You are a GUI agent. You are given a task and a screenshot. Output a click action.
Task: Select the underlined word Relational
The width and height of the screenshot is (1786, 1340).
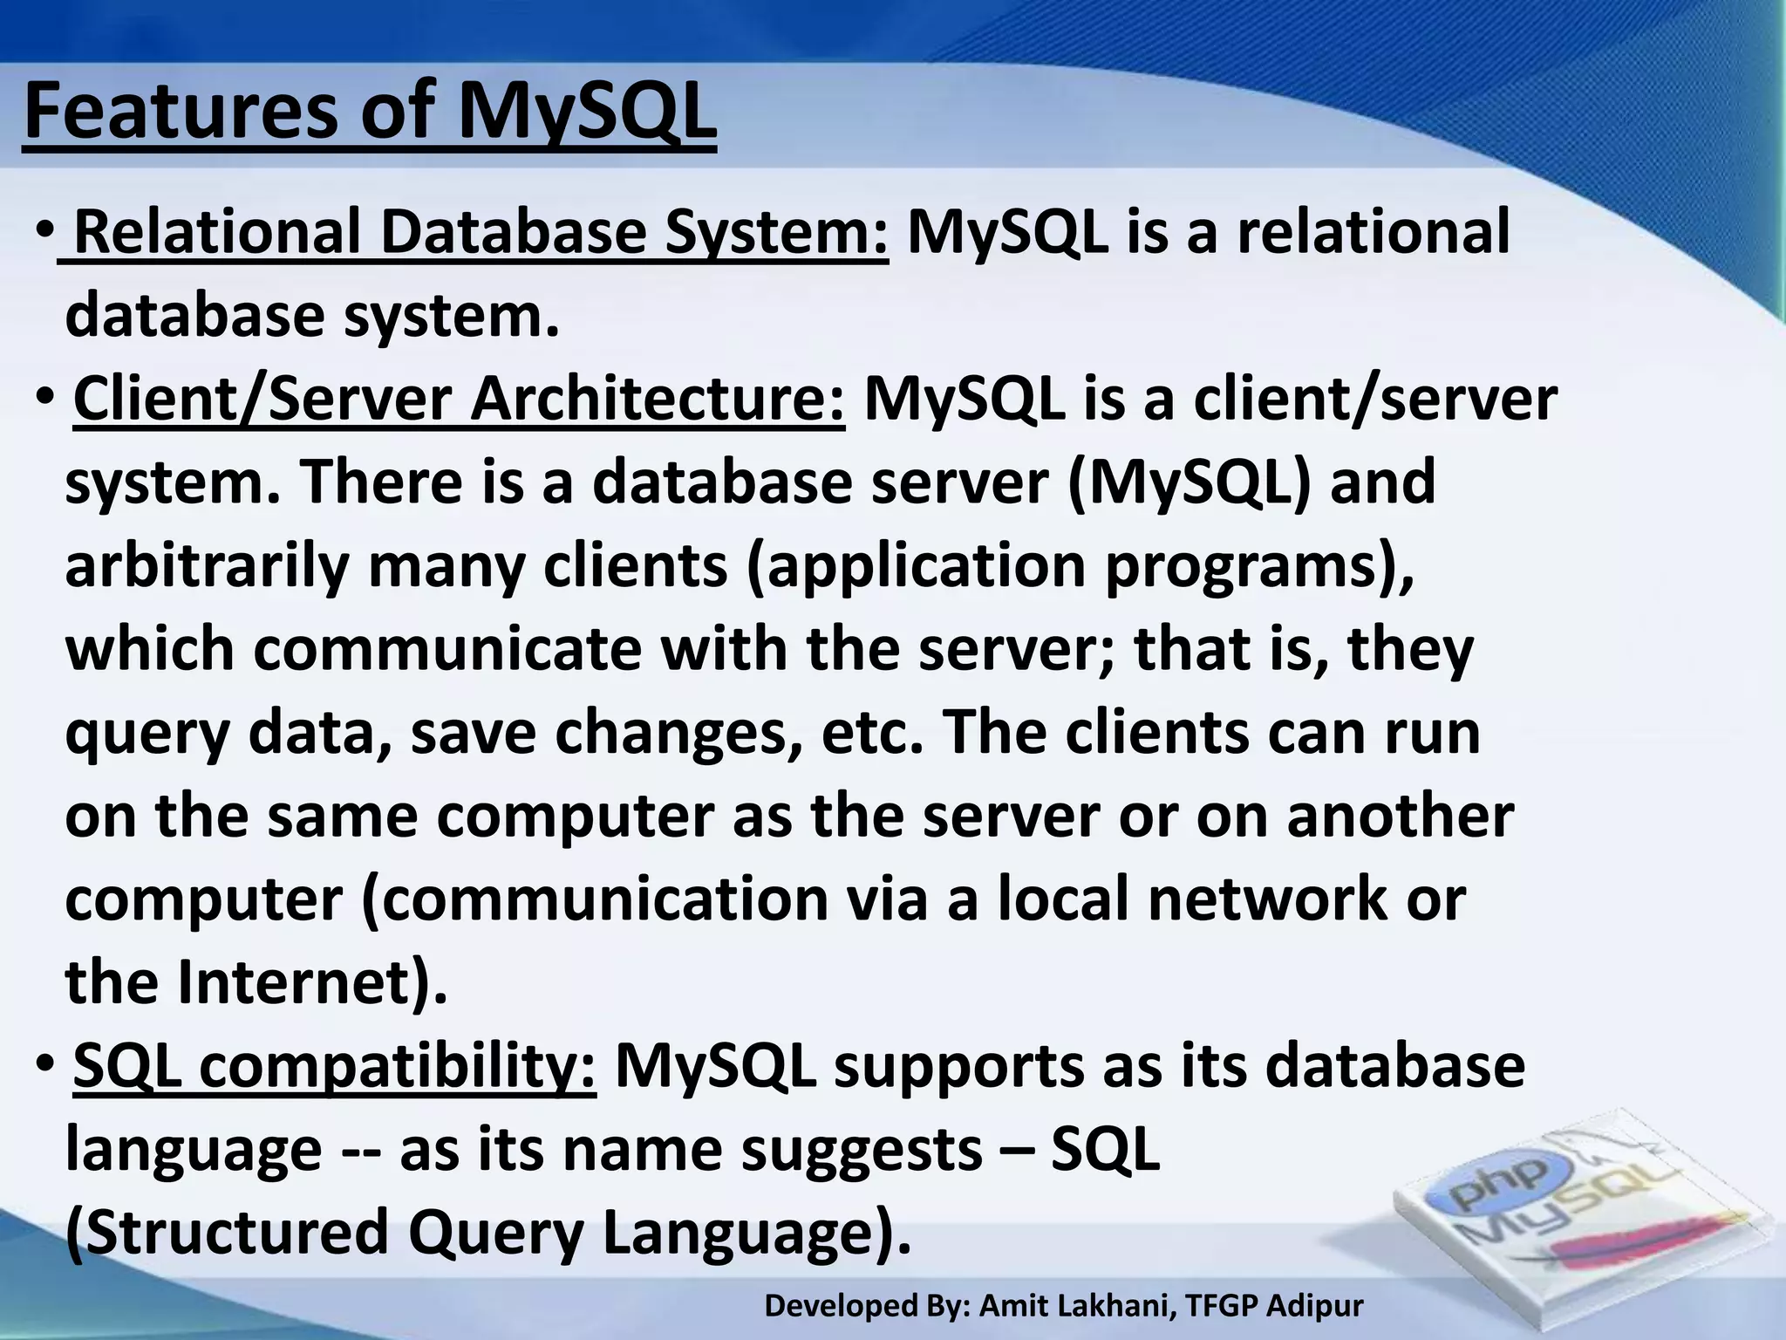tap(217, 233)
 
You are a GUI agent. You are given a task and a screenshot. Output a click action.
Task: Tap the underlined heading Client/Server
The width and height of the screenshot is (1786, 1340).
tap(262, 400)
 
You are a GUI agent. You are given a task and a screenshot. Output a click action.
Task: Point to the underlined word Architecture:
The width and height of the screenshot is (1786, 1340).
tap(658, 400)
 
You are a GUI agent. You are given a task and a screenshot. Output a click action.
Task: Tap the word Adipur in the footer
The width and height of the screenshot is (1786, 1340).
tap(1314, 1306)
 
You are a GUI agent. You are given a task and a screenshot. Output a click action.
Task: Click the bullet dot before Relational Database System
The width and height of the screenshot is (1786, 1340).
tap(45, 234)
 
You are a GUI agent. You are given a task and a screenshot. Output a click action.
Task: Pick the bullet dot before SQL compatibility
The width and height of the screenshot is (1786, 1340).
tap(45, 1066)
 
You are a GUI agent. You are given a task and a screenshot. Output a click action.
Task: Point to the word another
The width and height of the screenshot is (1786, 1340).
tap(1400, 817)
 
